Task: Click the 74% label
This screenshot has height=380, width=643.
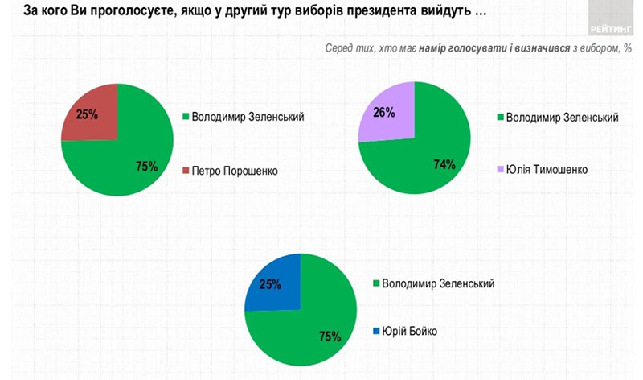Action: click(444, 164)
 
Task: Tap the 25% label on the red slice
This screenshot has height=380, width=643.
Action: click(87, 114)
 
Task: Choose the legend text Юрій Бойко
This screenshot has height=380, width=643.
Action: click(412, 332)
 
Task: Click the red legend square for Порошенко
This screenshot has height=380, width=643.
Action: click(186, 171)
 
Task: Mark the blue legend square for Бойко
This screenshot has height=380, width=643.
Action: click(375, 332)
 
